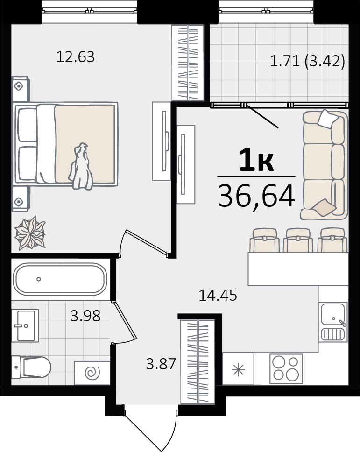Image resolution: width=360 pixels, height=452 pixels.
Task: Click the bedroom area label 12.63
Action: tap(76, 57)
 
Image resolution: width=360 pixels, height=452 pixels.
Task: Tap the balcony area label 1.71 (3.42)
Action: tap(308, 61)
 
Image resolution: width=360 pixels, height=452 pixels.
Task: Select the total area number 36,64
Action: tap(256, 196)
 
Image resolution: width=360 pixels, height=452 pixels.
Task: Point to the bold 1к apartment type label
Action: tap(256, 160)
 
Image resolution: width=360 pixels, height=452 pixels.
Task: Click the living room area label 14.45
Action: tap(218, 296)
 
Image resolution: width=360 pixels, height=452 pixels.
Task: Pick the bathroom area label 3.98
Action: tap(85, 316)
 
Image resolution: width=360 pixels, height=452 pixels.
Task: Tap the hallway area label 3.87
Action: tap(161, 364)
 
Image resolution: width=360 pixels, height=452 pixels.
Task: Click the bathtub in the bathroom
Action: tap(60, 279)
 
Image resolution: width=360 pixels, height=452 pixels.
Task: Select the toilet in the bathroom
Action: tap(31, 367)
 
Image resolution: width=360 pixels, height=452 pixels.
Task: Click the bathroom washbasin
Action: tap(25, 325)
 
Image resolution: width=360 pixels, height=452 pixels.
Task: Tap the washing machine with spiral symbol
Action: tap(92, 373)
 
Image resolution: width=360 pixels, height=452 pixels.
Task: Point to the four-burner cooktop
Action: tap(286, 369)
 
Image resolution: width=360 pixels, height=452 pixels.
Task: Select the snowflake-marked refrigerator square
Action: tap(238, 369)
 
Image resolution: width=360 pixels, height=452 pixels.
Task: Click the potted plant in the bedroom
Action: tap(30, 233)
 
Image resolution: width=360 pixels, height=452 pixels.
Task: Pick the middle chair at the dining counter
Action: tap(298, 240)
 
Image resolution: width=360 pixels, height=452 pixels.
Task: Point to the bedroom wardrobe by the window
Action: tap(188, 63)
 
